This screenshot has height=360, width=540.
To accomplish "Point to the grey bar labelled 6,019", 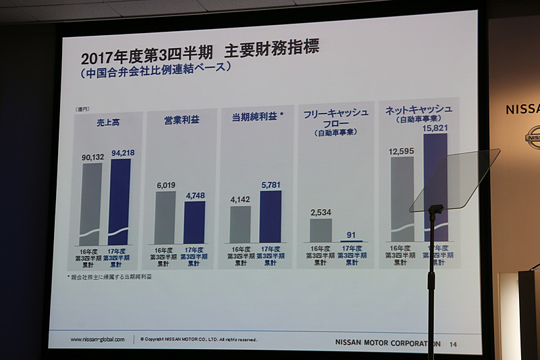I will tap(165, 217).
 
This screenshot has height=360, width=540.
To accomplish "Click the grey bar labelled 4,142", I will tap(240, 224).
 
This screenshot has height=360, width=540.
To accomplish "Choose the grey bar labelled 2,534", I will tap(321, 230).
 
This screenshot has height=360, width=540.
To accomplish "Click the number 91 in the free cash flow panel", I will tap(351, 235).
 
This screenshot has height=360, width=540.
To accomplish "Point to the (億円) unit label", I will tap(82, 109).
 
